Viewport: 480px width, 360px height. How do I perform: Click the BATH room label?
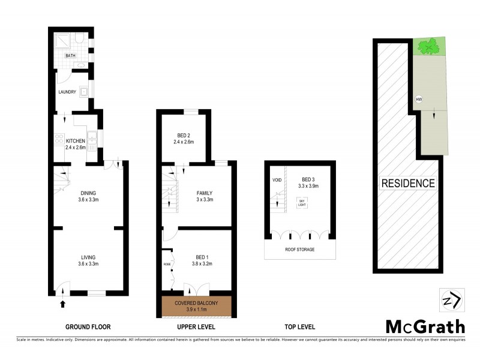(x=71, y=56)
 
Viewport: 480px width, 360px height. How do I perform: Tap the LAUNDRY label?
(x=67, y=92)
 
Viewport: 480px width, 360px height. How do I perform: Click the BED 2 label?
(x=184, y=134)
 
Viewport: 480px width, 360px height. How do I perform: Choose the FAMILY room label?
(x=205, y=193)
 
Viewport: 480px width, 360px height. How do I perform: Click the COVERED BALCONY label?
(x=196, y=303)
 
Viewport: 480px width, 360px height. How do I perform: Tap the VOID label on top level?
(x=277, y=179)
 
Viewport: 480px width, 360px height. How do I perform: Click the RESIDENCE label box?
(x=408, y=183)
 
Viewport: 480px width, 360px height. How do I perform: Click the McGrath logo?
(x=424, y=326)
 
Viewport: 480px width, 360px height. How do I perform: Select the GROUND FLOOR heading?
(x=88, y=327)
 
